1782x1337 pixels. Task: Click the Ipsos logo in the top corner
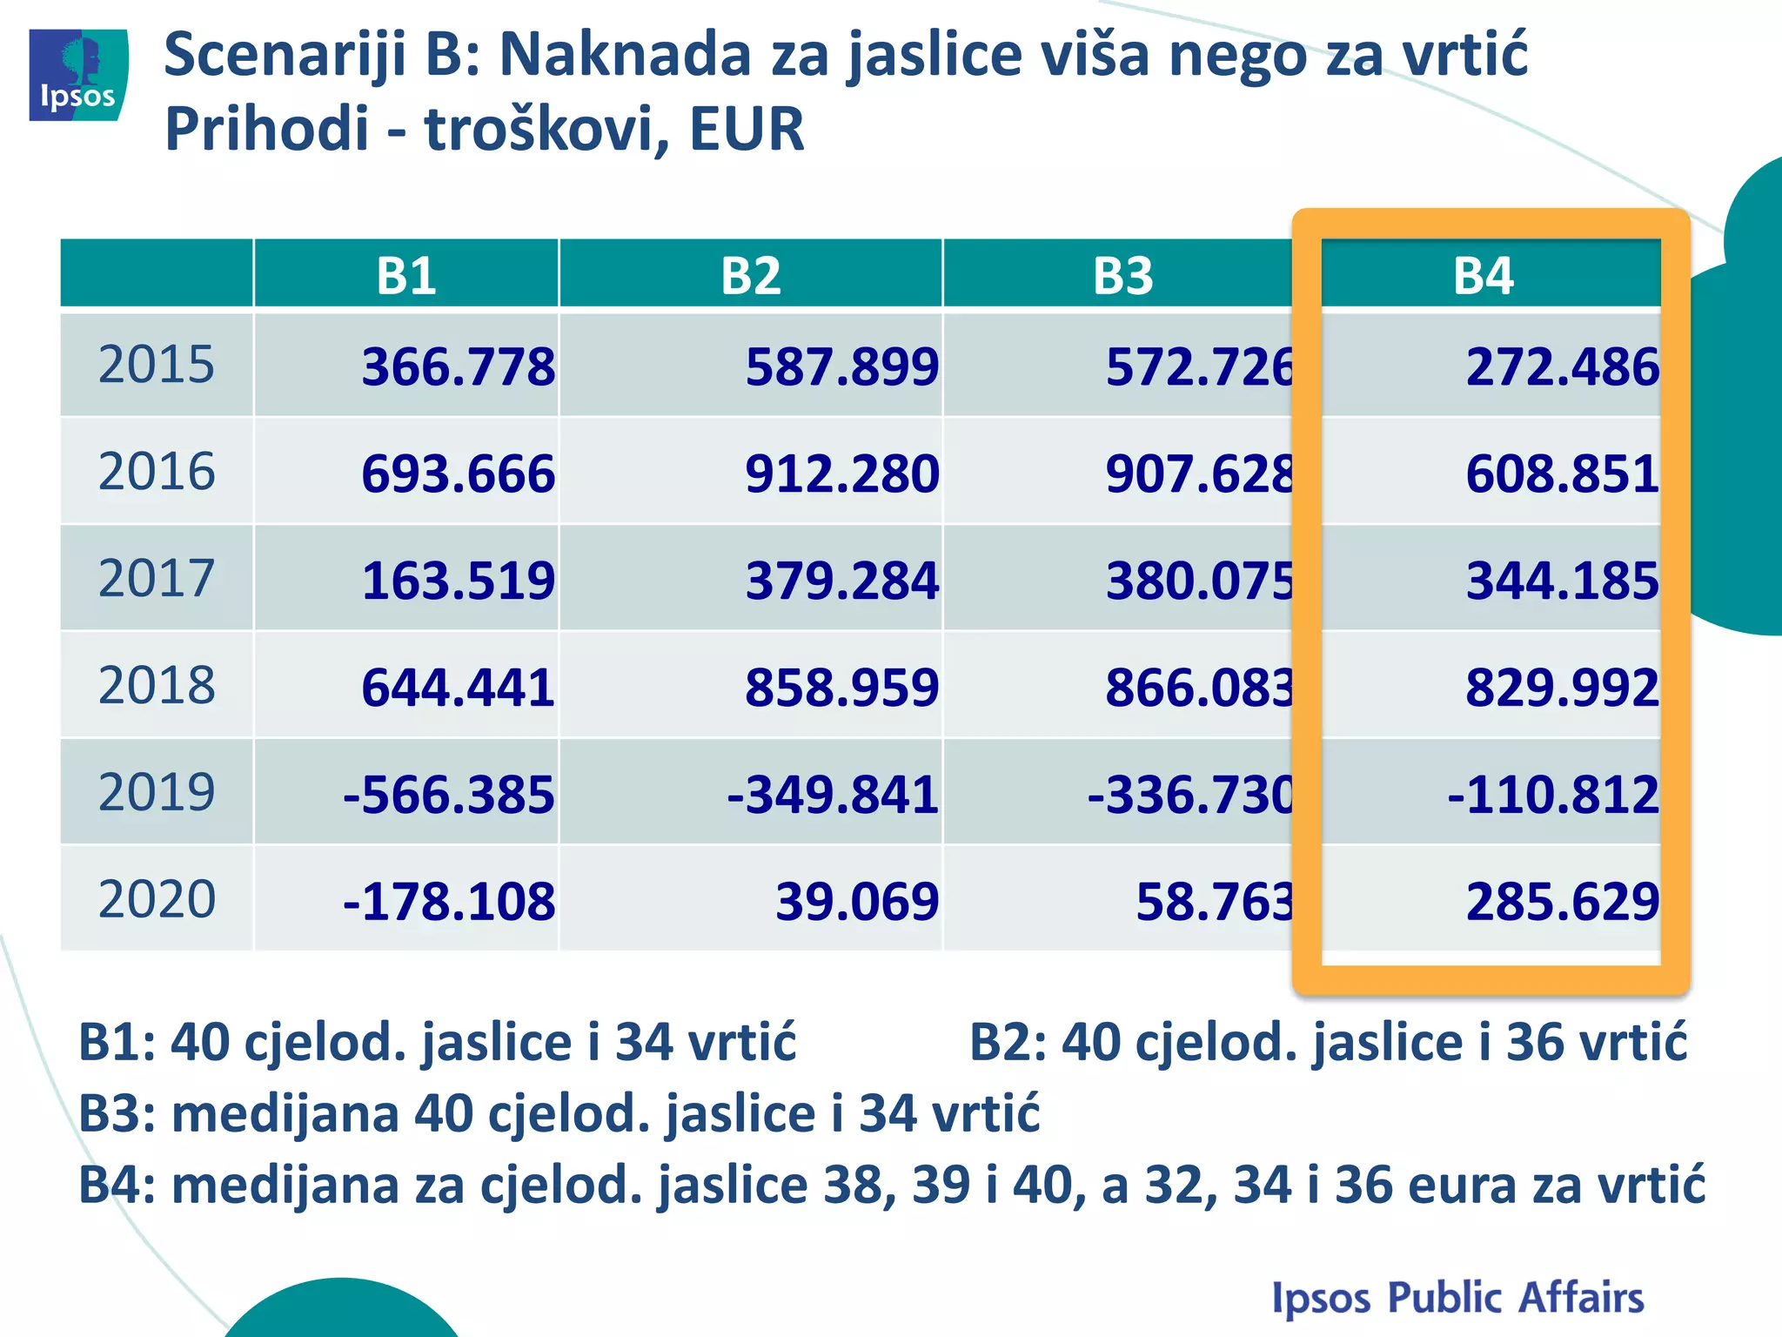pos(78,75)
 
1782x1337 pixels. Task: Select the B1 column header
pos(406,275)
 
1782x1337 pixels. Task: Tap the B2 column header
pos(751,275)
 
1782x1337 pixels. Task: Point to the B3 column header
pos(1122,275)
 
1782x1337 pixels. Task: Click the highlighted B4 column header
pos(1484,275)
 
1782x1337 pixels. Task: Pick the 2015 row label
pos(157,365)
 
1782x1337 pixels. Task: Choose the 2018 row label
pos(157,686)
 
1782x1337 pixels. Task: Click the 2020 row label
pos(157,899)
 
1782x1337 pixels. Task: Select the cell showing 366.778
pos(458,366)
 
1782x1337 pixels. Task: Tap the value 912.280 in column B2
pos(841,474)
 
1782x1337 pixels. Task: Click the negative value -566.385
pos(449,795)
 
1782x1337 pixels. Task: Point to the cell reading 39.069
pos(857,902)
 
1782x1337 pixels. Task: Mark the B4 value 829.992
pos(1562,688)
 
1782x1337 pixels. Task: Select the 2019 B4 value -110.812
pos(1553,795)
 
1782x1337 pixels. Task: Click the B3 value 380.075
pos(1200,581)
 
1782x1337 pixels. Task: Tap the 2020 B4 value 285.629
pos(1562,902)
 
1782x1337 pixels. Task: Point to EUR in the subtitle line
pos(747,129)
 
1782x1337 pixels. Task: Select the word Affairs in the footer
pos(1581,1297)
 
